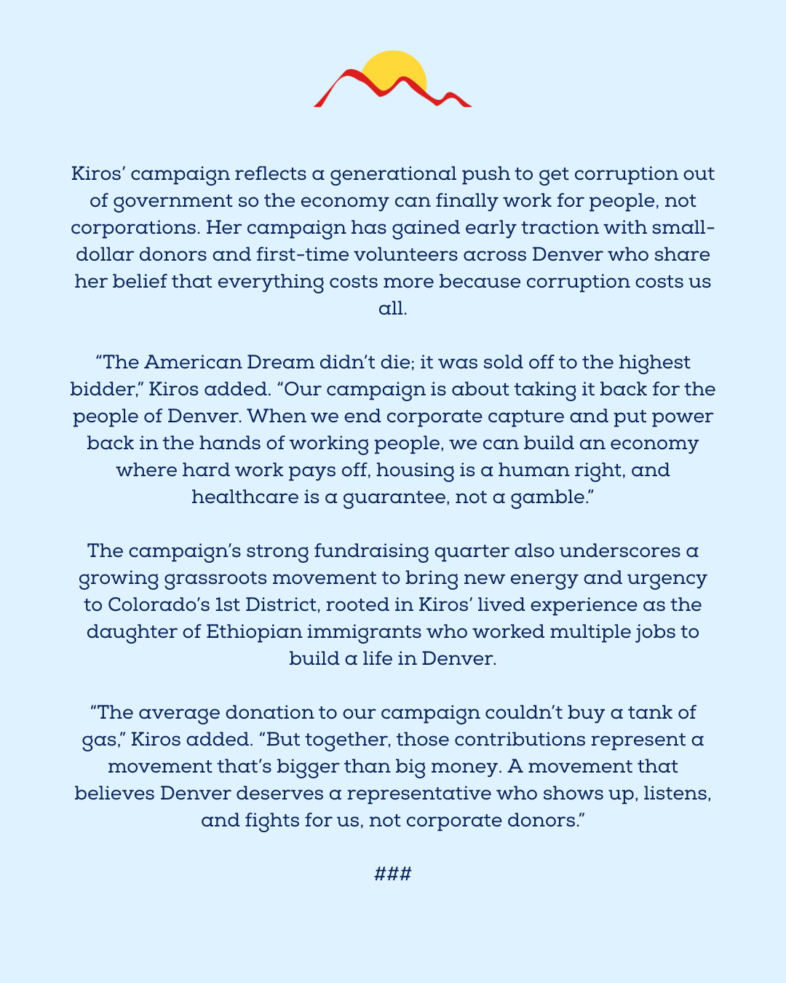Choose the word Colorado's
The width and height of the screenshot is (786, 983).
(x=151, y=605)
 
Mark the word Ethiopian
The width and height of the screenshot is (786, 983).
(x=253, y=632)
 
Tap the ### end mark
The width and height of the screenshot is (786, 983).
(x=393, y=874)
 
